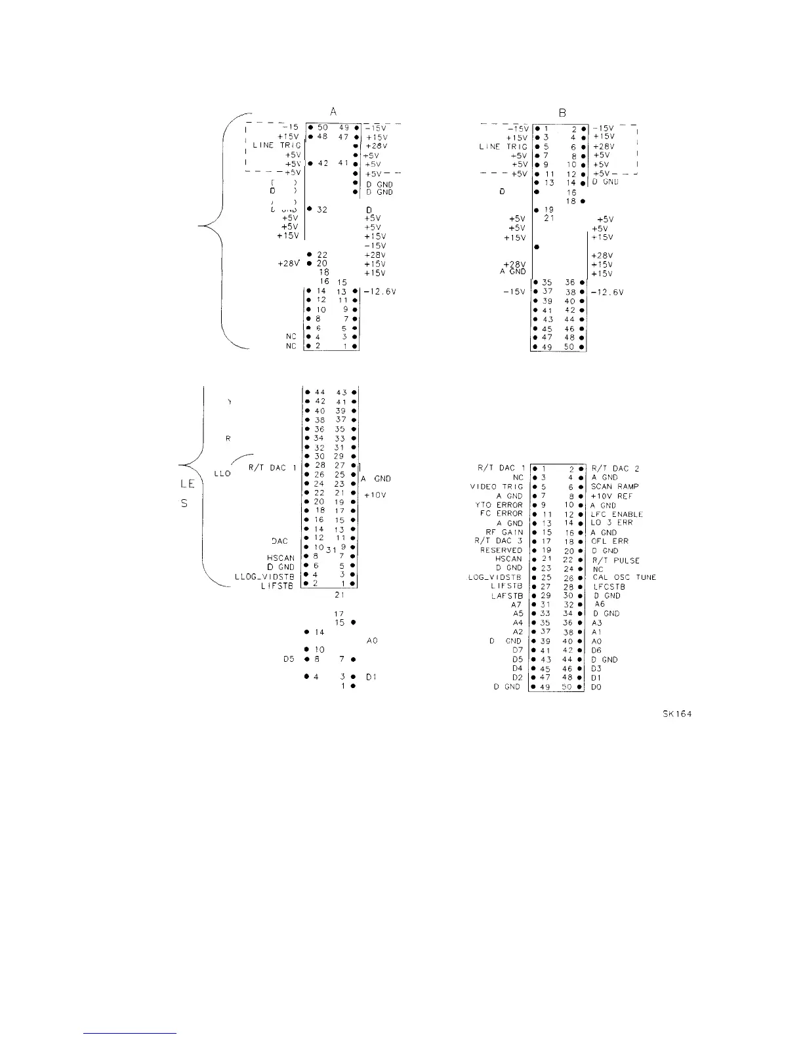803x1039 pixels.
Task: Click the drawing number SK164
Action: click(678, 714)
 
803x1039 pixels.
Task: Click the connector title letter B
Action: click(562, 113)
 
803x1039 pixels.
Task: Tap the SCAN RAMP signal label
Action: click(615, 487)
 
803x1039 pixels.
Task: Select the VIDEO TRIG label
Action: click(496, 487)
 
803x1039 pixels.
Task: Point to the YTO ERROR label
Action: click(499, 505)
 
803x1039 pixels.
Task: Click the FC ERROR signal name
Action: click(501, 514)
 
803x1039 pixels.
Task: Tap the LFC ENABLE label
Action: click(617, 515)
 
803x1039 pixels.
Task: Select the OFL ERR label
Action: click(609, 541)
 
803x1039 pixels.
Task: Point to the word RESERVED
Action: click(501, 550)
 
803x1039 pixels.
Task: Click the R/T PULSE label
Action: click(615, 561)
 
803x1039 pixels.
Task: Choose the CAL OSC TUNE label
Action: click(624, 577)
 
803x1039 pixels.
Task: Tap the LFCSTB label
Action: click(609, 586)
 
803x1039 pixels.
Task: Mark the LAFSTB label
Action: click(506, 596)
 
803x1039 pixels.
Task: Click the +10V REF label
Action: click(611, 496)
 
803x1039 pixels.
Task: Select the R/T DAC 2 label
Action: click(615, 468)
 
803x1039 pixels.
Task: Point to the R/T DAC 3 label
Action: click(498, 541)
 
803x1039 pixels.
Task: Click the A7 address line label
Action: click(516, 605)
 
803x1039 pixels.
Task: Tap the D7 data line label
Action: click(517, 650)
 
